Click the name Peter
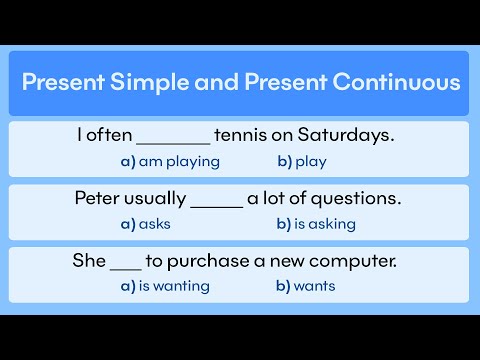click(x=98, y=198)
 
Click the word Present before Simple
click(x=61, y=82)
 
